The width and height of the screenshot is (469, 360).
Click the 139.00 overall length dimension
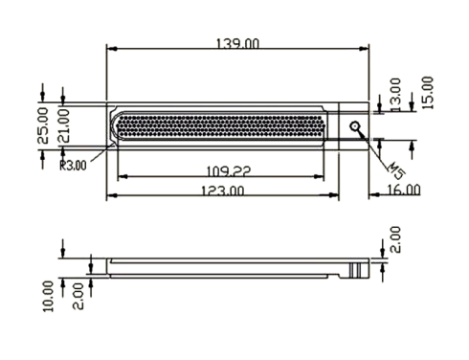pos(237,43)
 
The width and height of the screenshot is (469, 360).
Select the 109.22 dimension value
pos(229,171)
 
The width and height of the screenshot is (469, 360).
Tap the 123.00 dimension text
pos(223,191)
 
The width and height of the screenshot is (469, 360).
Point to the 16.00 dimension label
pos(404,190)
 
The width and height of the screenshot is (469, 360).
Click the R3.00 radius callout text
pos(73,166)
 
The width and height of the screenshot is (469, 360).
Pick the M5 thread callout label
pos(396,171)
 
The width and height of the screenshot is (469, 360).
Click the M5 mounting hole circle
pos(355,126)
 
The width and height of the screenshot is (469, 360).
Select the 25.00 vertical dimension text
pos(43,125)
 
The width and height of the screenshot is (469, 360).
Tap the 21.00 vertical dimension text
pos(63,125)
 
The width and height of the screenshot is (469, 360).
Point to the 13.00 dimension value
pos(395,95)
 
